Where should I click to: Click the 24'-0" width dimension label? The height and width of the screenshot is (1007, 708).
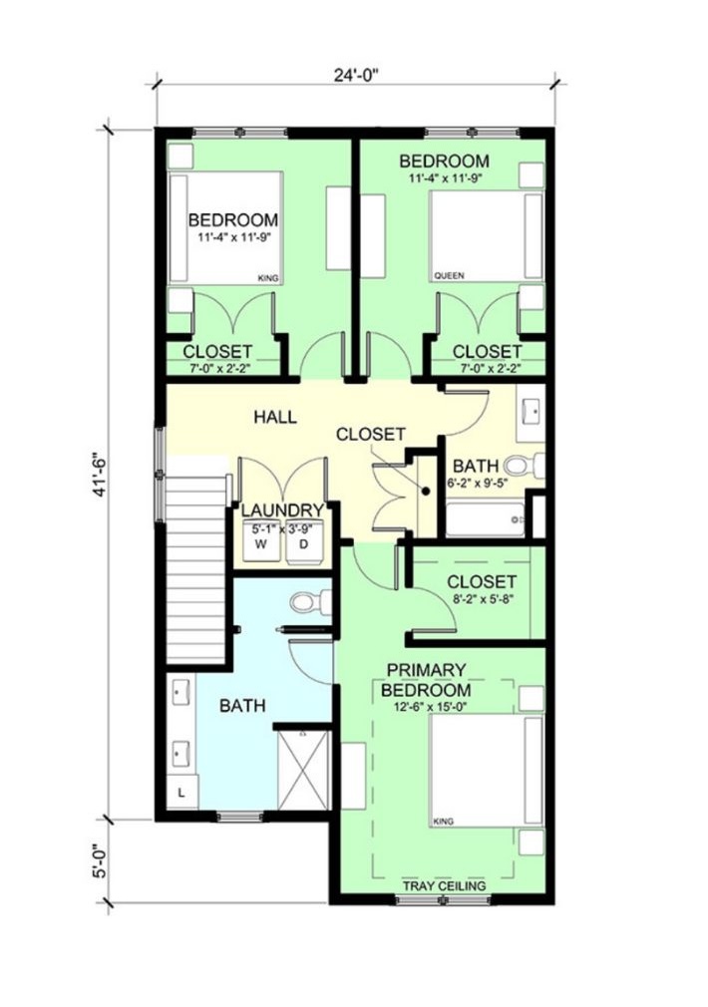pyautogui.click(x=356, y=75)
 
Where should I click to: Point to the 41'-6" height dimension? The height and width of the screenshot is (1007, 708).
pyautogui.click(x=99, y=476)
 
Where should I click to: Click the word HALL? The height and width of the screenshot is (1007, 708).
pyautogui.click(x=275, y=417)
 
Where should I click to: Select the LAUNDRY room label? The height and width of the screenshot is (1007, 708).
pyautogui.click(x=282, y=510)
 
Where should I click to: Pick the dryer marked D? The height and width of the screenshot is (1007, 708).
pyautogui.click(x=304, y=542)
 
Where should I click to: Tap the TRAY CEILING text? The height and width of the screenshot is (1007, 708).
pyautogui.click(x=444, y=886)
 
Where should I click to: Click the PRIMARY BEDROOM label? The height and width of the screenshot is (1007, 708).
pyautogui.click(x=426, y=680)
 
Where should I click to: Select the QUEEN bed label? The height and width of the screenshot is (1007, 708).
pyautogui.click(x=449, y=276)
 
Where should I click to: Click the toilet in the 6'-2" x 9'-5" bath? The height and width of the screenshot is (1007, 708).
pyautogui.click(x=525, y=466)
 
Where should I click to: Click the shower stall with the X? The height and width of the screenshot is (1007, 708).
pyautogui.click(x=303, y=770)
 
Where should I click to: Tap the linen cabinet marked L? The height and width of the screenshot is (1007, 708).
pyautogui.click(x=182, y=793)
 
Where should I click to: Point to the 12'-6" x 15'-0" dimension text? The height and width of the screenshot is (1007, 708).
pyautogui.click(x=426, y=707)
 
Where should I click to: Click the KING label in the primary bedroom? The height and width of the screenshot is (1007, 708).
pyautogui.click(x=444, y=822)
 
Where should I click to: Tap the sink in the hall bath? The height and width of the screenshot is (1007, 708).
pyautogui.click(x=531, y=413)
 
